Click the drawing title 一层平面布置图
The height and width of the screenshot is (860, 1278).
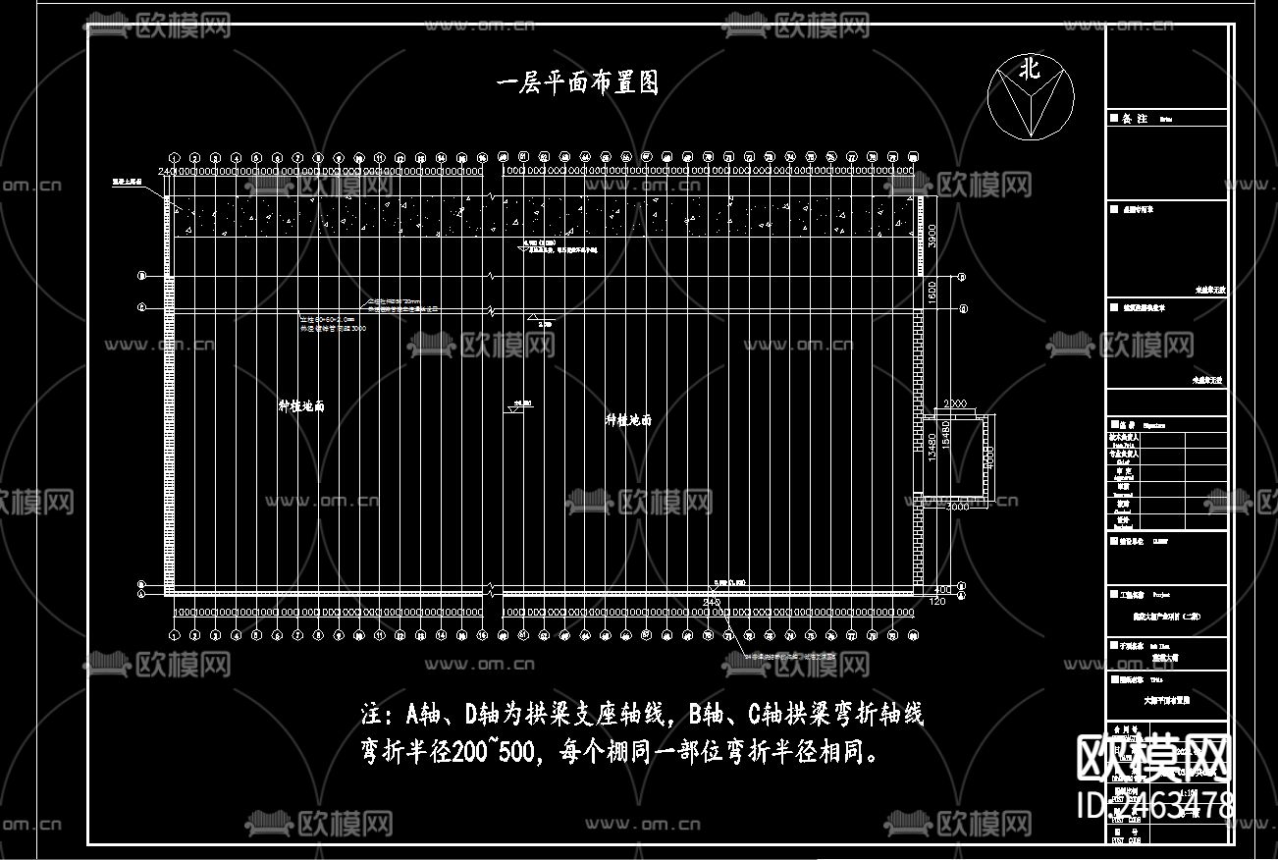coord(577,83)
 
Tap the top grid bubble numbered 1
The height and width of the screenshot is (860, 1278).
coord(175,157)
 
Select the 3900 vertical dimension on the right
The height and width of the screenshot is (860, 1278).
coord(933,236)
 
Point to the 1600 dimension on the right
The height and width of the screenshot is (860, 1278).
coord(933,292)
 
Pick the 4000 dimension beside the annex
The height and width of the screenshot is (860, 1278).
coord(991,458)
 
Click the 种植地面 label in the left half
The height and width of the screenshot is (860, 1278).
coord(301,405)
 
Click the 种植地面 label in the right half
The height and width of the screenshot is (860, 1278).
coord(628,420)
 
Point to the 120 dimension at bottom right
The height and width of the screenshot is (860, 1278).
coord(936,600)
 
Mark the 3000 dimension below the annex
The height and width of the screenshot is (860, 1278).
coord(957,508)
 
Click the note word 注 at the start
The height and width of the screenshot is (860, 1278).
coord(371,714)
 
